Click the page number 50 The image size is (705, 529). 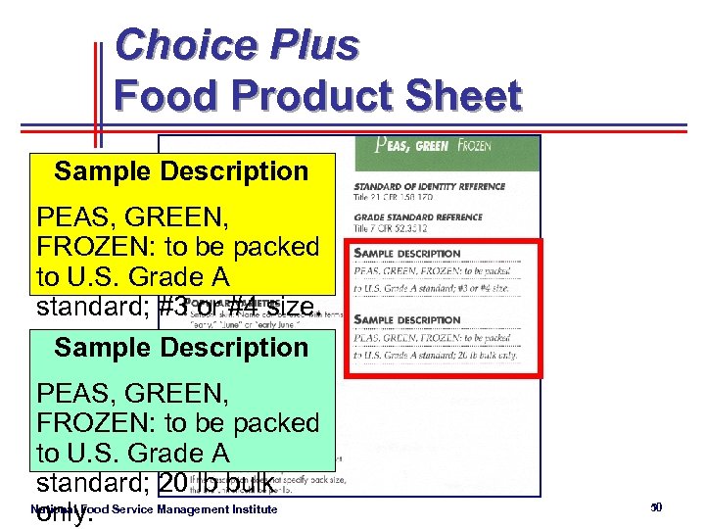(x=656, y=506)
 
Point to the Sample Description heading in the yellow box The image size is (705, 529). (x=181, y=172)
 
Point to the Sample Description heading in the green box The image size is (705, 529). (x=181, y=348)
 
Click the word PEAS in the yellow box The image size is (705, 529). (x=74, y=217)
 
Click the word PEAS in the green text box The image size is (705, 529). (x=74, y=394)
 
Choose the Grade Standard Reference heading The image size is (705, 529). (x=418, y=217)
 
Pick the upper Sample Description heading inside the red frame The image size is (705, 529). (x=406, y=254)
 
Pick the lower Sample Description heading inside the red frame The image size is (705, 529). (x=406, y=320)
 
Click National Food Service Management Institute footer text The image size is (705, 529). (x=155, y=509)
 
